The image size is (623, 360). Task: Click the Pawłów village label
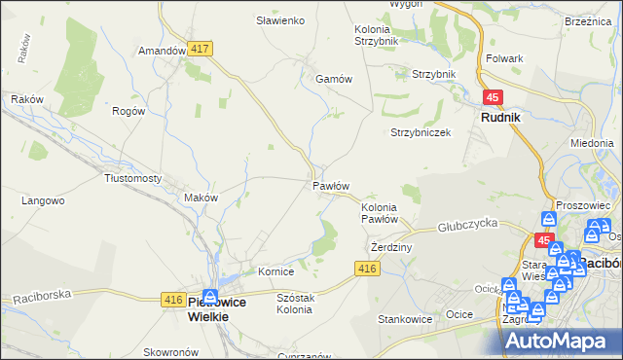[331, 185]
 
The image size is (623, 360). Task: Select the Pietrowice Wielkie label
[222, 308]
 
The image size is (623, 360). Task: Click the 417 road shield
[202, 49]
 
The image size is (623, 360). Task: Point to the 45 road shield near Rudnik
[494, 97]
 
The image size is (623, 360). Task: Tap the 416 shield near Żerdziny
[367, 269]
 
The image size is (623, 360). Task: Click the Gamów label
[332, 79]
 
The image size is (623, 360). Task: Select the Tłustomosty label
[132, 178]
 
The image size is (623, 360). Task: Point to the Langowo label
[43, 200]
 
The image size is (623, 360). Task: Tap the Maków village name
[201, 198]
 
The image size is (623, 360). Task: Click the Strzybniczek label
[421, 132]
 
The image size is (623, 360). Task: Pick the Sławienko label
[280, 20]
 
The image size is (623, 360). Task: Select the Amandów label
[162, 51]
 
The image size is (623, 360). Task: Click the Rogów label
[128, 111]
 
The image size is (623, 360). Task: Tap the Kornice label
[275, 271]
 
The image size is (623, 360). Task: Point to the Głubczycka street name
[467, 223]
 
